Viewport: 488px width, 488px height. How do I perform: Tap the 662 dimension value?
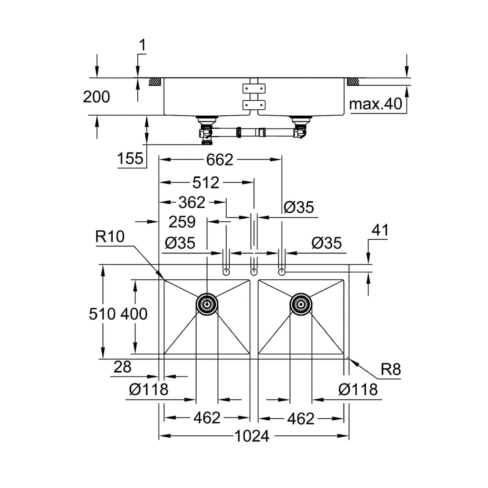click(220, 160)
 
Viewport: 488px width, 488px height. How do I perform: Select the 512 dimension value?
click(206, 183)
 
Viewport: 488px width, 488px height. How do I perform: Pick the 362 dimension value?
click(192, 202)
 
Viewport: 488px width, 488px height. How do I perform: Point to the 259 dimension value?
click(182, 222)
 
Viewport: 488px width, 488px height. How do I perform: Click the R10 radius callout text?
click(110, 237)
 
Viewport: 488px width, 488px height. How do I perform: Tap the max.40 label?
click(375, 104)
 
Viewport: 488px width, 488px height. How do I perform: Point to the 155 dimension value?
click(130, 159)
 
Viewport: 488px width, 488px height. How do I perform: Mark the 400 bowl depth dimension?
click(134, 314)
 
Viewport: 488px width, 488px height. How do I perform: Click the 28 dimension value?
click(122, 367)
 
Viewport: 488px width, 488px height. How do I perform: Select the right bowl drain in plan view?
click(301, 304)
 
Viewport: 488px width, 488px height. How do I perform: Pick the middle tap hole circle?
click(254, 272)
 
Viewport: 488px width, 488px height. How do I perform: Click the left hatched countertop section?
click(155, 81)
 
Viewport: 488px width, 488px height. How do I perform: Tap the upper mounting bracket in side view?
click(254, 88)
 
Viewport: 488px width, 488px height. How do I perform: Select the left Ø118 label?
click(149, 389)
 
